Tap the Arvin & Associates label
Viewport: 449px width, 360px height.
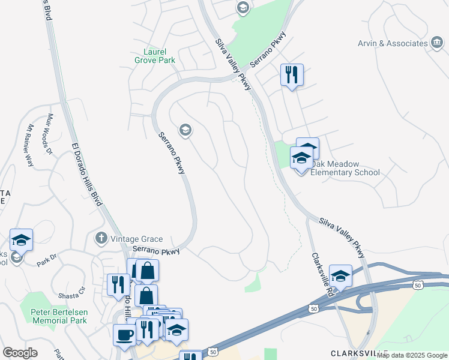[401, 43]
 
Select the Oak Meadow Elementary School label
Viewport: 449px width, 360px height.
[345, 168]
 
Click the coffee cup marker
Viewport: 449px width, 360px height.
[125, 335]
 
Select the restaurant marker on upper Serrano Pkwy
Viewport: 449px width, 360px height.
[292, 75]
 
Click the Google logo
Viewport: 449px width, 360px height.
[20, 353]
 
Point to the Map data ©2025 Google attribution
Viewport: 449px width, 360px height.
[412, 356]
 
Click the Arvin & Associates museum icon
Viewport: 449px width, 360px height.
[438, 43]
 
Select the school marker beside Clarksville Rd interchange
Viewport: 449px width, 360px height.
[340, 276]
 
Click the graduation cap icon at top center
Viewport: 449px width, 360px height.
[243, 8]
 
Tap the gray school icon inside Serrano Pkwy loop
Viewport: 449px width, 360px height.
[185, 129]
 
